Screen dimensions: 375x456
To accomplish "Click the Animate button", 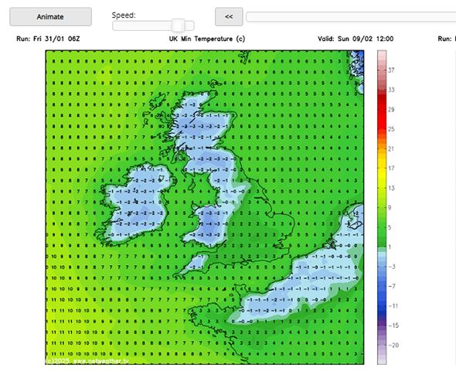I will pyautogui.click(x=50, y=16).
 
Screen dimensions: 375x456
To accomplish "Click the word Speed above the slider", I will pyautogui.click(x=124, y=15).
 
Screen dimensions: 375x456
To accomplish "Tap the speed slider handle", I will pyautogui.click(x=179, y=26).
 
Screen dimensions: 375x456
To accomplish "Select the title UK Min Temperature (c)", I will pyautogui.click(x=207, y=38).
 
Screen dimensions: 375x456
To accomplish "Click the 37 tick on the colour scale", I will pyautogui.click(x=391, y=70).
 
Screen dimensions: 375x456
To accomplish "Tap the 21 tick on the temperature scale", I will pyautogui.click(x=391, y=148).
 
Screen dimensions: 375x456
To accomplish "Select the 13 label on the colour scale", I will pyautogui.click(x=391, y=188).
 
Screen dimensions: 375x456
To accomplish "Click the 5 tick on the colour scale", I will pyautogui.click(x=391, y=227).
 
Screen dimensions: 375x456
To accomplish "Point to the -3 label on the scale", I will pyautogui.click(x=391, y=266).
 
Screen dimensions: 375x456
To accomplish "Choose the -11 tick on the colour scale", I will pyautogui.click(x=391, y=305).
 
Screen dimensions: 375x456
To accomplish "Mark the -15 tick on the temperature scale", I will pyautogui.click(x=391, y=325).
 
